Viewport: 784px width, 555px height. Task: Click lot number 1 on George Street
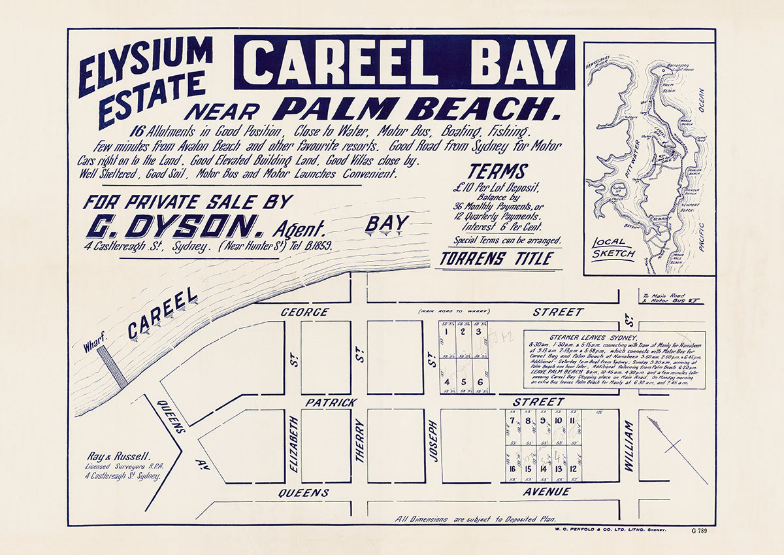(x=446, y=331)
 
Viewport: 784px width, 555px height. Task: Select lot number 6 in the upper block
(x=480, y=382)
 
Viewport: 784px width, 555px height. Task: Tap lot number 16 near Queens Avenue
(x=512, y=469)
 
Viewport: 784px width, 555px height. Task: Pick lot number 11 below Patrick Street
(x=572, y=420)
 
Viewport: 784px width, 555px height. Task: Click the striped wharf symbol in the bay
(x=112, y=367)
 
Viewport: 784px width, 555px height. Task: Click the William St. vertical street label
(x=629, y=446)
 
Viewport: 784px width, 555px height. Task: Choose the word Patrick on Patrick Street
(x=331, y=402)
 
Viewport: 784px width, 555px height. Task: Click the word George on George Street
(x=304, y=312)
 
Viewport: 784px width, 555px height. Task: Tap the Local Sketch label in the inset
(x=613, y=248)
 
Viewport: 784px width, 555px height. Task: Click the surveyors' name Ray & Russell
(x=120, y=457)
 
